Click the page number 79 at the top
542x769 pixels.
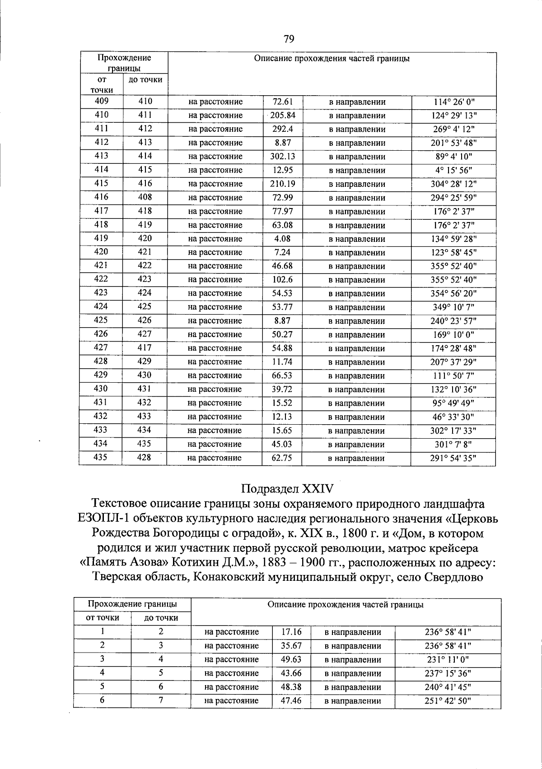coord(289,39)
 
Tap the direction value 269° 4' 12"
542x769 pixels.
coord(454,129)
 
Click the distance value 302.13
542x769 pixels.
coord(283,157)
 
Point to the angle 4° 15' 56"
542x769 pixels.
coord(454,170)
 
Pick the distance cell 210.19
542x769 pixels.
coord(283,184)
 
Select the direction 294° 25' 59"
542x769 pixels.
coord(454,198)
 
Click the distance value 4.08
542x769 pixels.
coord(282,239)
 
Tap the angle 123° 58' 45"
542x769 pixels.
coord(454,252)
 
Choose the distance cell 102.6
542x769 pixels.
coord(282,280)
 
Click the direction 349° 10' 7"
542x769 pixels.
coord(454,307)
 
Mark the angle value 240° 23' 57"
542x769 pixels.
coord(454,321)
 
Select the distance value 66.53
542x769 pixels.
coord(282,375)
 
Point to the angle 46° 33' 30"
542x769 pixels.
coord(454,417)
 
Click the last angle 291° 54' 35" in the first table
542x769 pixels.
coord(453,458)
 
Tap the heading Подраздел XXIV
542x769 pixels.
coord(287,489)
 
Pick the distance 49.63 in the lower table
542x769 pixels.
coord(291,659)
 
